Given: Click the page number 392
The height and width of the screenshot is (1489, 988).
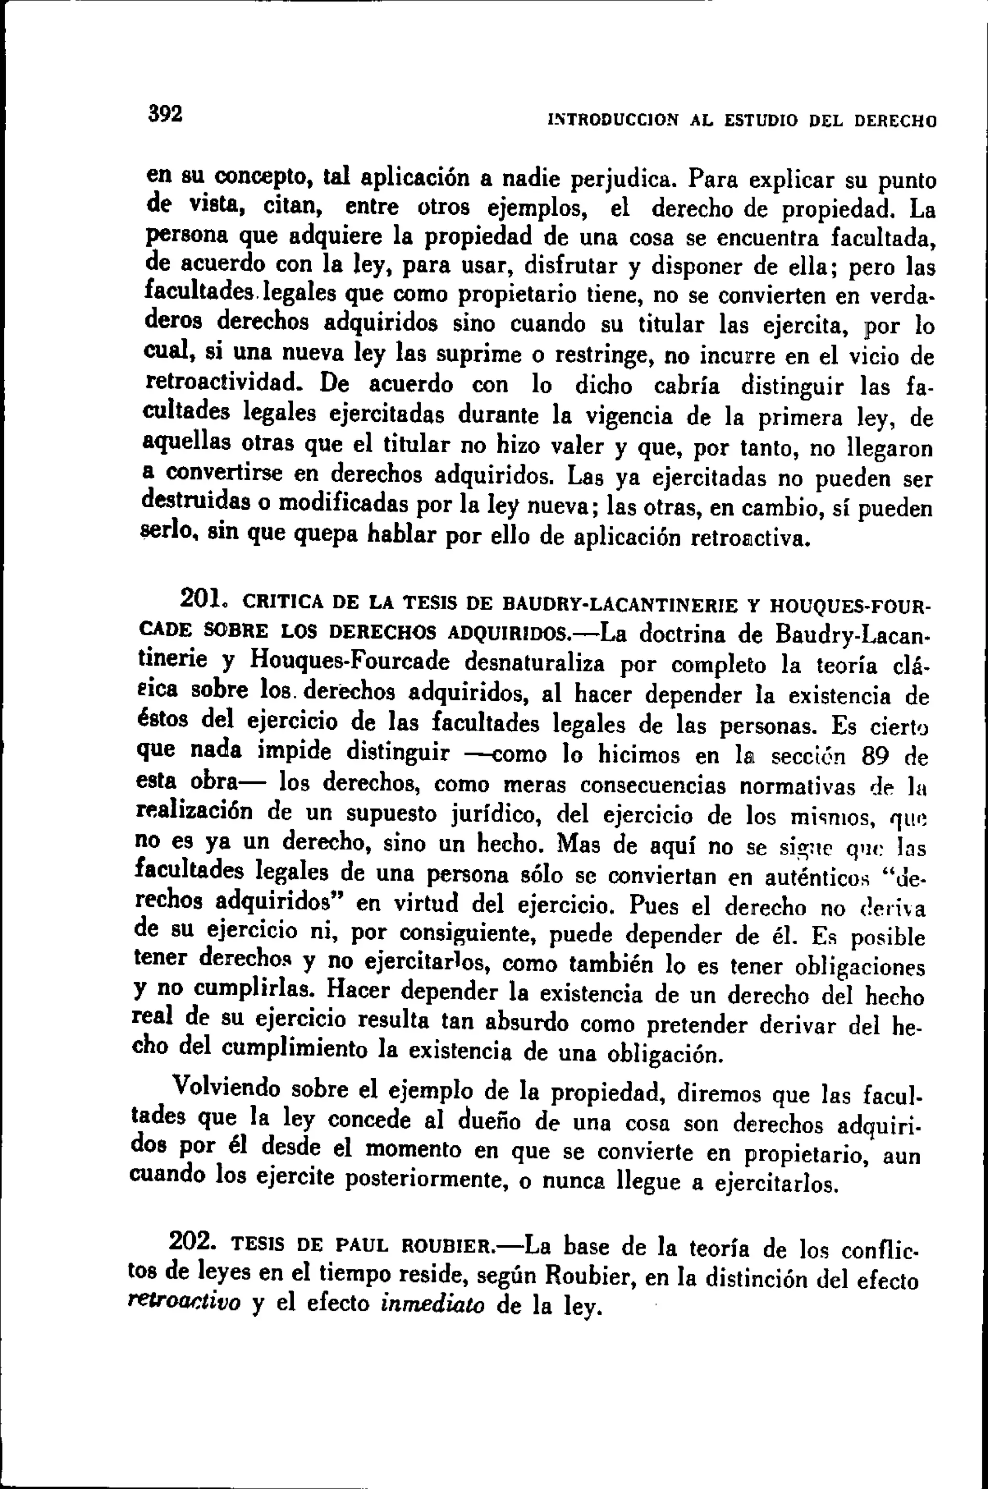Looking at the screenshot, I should click(x=165, y=113).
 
